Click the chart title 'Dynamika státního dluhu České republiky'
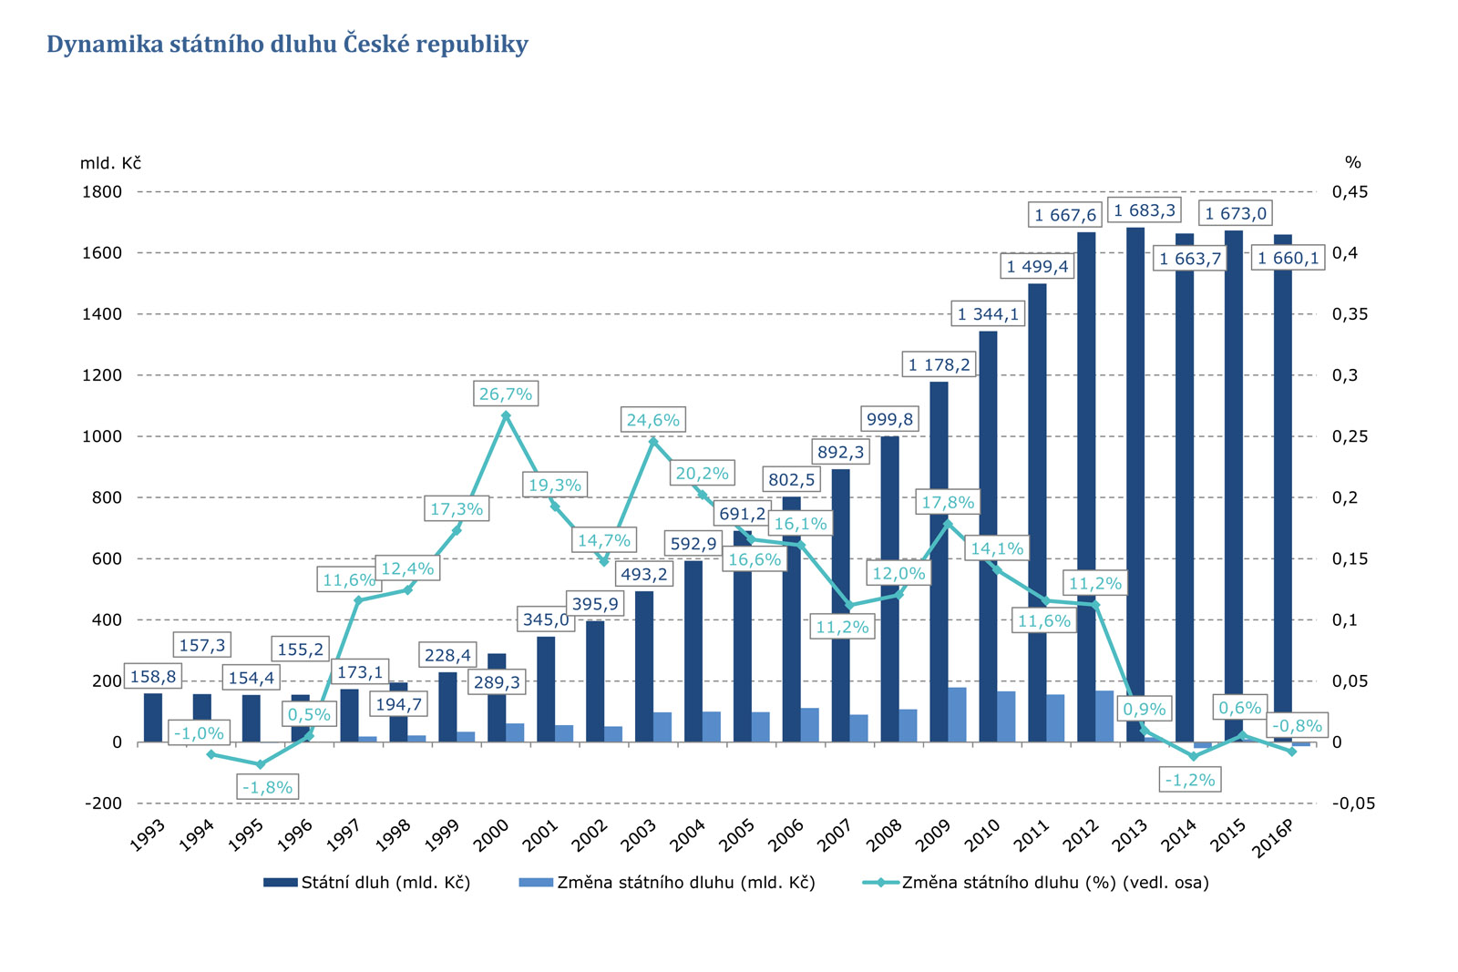point(287,45)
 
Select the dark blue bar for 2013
point(1135,483)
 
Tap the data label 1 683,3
point(1145,210)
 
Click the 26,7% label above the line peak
point(506,394)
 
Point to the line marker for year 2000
point(506,415)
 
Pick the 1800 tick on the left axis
point(103,191)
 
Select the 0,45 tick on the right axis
point(1350,191)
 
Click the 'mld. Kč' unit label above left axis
point(110,163)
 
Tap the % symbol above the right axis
point(1352,163)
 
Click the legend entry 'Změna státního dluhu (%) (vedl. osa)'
point(1055,882)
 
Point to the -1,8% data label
point(267,787)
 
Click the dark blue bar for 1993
point(153,718)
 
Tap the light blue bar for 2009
point(957,715)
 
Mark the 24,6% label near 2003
point(652,420)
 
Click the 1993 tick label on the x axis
point(148,835)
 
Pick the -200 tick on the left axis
point(103,803)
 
